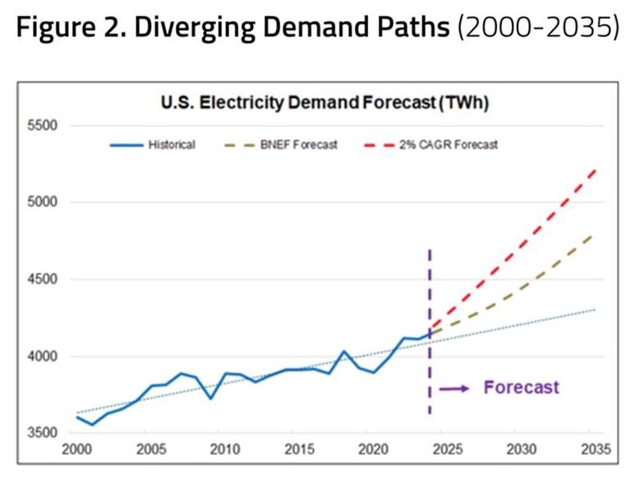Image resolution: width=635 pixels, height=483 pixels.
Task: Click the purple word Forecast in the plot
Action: coord(521,387)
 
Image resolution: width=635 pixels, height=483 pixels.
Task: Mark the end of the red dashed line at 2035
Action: coord(595,170)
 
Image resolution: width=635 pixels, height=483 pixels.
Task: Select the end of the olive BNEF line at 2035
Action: coord(595,235)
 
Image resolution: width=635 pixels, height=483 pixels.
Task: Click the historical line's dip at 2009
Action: coord(211,398)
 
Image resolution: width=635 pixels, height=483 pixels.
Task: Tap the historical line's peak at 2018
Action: coord(344,352)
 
